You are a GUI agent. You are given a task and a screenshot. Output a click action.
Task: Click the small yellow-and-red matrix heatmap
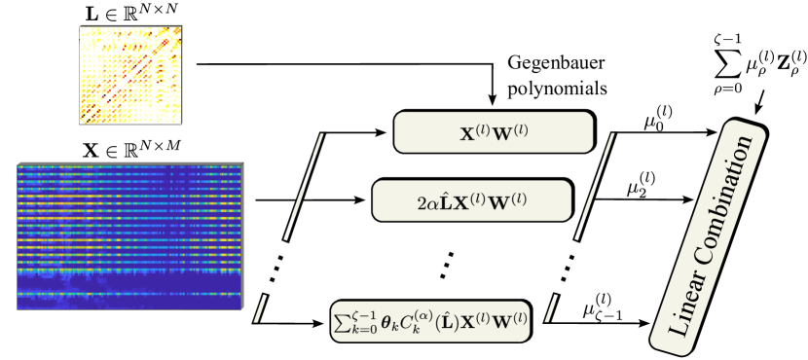point(130,75)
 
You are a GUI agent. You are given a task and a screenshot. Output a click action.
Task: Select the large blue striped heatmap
point(129,235)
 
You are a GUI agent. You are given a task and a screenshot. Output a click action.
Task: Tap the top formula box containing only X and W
point(494,132)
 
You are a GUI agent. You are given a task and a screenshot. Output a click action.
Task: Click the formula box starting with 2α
point(471,200)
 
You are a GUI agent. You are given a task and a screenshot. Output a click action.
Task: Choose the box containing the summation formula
point(430,321)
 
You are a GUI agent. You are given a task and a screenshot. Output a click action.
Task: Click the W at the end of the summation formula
point(506,320)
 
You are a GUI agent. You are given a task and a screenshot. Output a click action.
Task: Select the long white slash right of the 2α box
point(595,185)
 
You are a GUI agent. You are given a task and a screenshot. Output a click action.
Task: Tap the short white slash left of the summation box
point(260,308)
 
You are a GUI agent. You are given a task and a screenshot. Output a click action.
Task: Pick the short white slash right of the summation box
point(550,307)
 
